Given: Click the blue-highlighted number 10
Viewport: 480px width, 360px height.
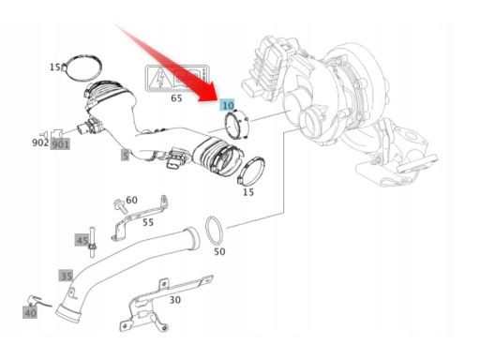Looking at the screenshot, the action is pyautogui.click(x=228, y=105).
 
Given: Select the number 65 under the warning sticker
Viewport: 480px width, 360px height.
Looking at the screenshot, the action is pyautogui.click(x=176, y=98).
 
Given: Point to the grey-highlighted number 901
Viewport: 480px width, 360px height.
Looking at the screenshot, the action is pyautogui.click(x=60, y=144).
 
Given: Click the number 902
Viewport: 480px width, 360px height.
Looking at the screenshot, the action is pyautogui.click(x=40, y=142).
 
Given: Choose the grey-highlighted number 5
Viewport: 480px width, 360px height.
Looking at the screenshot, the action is pyautogui.click(x=125, y=156).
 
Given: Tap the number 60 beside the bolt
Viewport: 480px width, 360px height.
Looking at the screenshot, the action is pyautogui.click(x=131, y=200).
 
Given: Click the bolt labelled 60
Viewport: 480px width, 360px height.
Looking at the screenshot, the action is pyautogui.click(x=119, y=205).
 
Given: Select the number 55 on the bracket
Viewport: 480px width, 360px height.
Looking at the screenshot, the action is pyautogui.click(x=148, y=222).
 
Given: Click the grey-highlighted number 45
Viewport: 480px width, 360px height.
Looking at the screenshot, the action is pyautogui.click(x=82, y=240).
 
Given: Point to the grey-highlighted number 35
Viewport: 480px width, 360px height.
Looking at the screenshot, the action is pyautogui.click(x=66, y=276).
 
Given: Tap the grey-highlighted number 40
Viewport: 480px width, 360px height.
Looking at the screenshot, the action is pyautogui.click(x=30, y=312).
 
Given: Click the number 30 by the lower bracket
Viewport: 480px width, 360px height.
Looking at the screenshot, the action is pyautogui.click(x=175, y=300).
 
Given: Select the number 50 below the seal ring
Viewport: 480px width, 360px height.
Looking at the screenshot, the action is pyautogui.click(x=219, y=251).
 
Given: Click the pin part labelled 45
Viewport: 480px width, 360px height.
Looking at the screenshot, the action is pyautogui.click(x=92, y=242).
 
